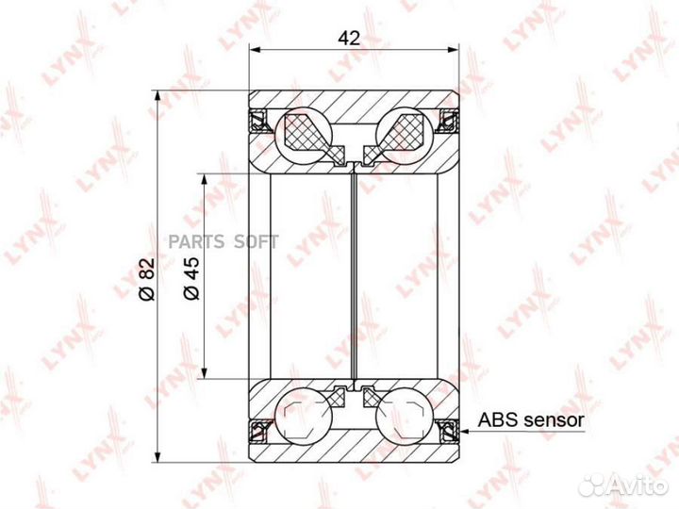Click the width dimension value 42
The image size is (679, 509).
point(349,39)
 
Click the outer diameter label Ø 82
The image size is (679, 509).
point(146,279)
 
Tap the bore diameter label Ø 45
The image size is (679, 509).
point(191,278)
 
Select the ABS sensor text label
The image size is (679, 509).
point(531,419)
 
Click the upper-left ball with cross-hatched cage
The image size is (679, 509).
point(304,133)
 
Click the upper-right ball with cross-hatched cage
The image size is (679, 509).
point(405,133)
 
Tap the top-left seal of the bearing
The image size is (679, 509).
point(257,121)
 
